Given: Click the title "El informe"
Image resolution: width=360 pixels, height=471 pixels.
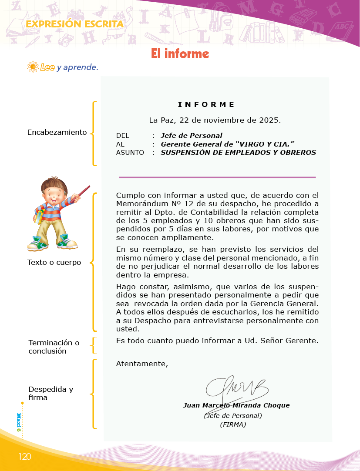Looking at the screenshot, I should tap(180, 53).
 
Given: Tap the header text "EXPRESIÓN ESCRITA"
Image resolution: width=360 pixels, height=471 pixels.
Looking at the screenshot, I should tap(74, 24).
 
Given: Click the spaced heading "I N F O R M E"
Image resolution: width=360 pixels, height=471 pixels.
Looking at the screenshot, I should tap(206, 104).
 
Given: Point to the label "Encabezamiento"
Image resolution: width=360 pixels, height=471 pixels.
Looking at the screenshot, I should tap(57, 132).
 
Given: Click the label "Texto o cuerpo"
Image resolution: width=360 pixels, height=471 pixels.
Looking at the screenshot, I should tap(54, 262).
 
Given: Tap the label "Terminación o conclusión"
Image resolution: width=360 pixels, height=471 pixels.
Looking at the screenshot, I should tap(54, 347).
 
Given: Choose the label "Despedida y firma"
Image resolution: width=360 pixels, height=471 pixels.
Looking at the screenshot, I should tap(51, 393).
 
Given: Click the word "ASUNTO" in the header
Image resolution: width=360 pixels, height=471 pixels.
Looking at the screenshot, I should tap(130, 153).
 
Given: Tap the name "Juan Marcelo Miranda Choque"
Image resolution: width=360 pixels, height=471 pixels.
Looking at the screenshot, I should tap(236, 405).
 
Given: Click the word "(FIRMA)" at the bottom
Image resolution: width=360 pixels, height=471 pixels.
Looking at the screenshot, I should tap(233, 424).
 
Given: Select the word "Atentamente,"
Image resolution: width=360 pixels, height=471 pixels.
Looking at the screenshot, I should tap(142, 364).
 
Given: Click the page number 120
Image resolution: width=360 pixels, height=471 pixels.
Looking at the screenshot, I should tap(25, 456).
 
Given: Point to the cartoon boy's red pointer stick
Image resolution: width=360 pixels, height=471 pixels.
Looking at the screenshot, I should tap(79, 194).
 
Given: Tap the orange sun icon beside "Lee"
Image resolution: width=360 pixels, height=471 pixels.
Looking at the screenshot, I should tap(33, 67).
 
